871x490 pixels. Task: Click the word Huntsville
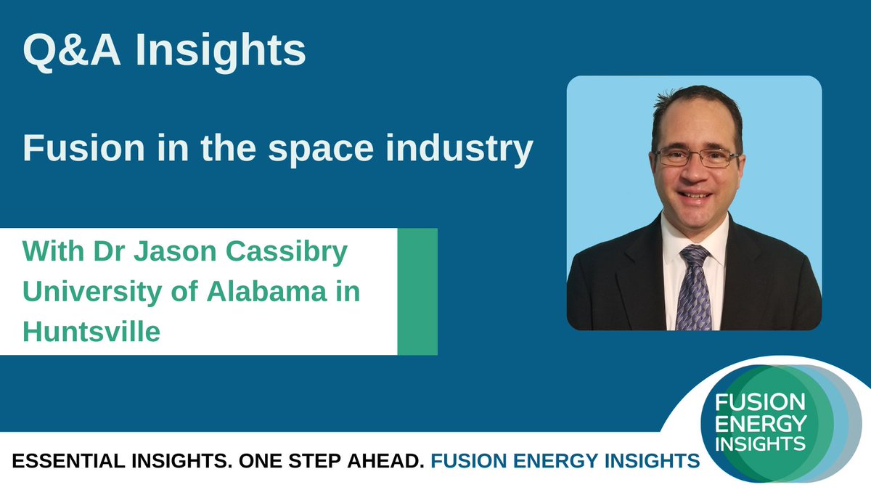91,331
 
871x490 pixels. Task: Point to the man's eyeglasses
695,157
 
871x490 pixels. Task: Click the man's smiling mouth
696,195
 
